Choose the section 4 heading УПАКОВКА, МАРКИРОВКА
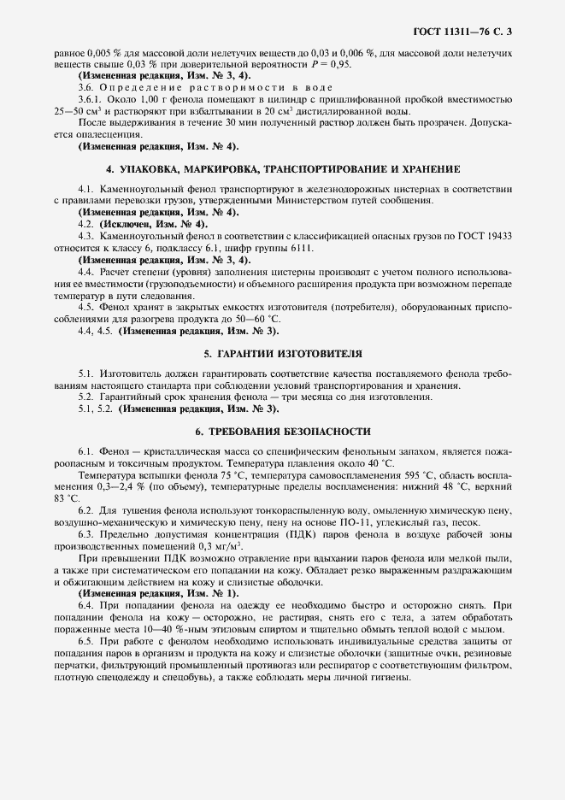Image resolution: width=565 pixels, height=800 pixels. click(281, 168)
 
